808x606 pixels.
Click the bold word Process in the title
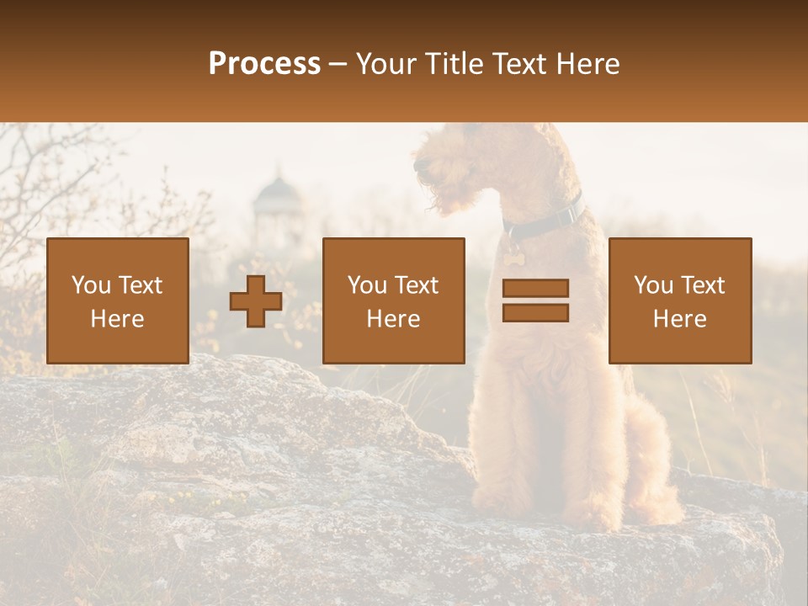click(x=264, y=64)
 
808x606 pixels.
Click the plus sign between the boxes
click(x=256, y=301)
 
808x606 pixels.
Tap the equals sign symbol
click(x=535, y=300)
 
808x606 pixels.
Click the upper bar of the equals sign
click(x=535, y=289)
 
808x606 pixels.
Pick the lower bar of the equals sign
click(x=535, y=312)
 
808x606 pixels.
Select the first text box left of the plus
click(x=118, y=300)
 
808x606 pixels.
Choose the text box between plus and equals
click(x=393, y=300)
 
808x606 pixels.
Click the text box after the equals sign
click(x=680, y=300)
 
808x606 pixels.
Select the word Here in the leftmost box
click(x=118, y=318)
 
